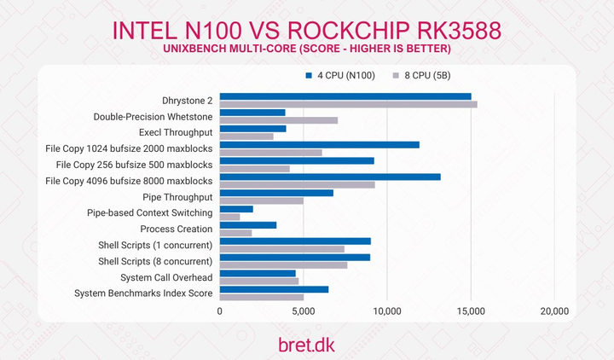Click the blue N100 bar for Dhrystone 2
click(x=345, y=96)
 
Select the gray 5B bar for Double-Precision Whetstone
click(x=279, y=120)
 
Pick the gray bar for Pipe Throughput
click(x=262, y=201)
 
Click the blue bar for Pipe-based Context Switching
click(x=236, y=209)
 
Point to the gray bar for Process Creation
click(x=236, y=233)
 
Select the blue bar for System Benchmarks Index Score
click(x=274, y=289)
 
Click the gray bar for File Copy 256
click(x=255, y=169)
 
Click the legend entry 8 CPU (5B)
click(x=419, y=76)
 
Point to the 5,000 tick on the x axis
click(x=304, y=312)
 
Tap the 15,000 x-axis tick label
click(x=471, y=312)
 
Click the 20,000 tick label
click(x=554, y=312)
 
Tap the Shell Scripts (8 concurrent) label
click(x=155, y=261)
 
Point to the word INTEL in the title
click(x=150, y=30)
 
